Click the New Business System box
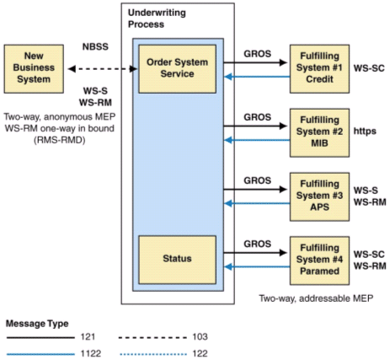(x=34, y=69)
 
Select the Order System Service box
(x=177, y=69)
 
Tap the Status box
(x=177, y=260)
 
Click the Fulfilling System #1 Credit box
(x=319, y=69)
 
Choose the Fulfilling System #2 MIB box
(x=319, y=132)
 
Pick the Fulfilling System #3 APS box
(x=319, y=196)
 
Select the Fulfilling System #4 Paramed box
(x=319, y=261)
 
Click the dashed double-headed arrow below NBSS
(x=103, y=69)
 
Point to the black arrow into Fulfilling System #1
(x=255, y=62)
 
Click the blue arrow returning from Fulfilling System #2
(x=257, y=140)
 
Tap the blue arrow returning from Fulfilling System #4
(x=257, y=266)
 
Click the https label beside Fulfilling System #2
(x=365, y=131)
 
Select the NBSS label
(x=95, y=46)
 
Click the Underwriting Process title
(x=157, y=19)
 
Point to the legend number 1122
(x=91, y=353)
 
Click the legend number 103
(x=200, y=336)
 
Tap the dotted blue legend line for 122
(x=153, y=354)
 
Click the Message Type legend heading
(x=37, y=324)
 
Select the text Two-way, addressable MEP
(x=316, y=298)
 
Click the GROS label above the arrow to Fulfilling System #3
(x=258, y=180)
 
